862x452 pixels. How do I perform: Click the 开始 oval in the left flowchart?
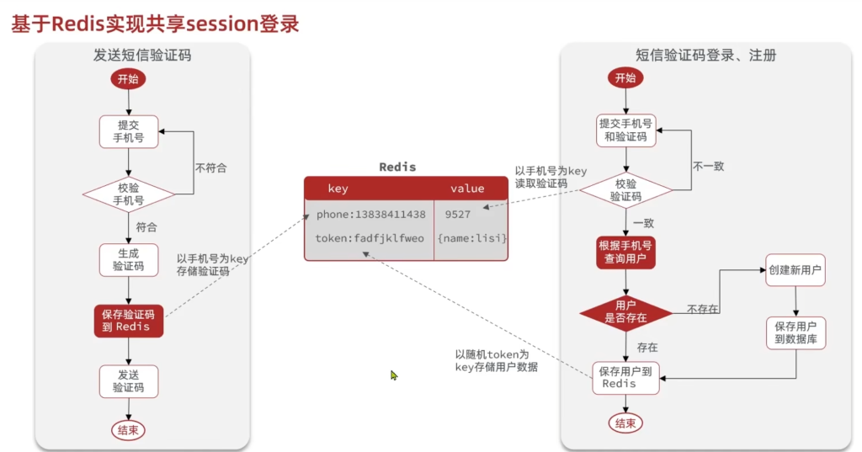point(128,79)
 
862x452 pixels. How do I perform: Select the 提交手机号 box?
point(128,131)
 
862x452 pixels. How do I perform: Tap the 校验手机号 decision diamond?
point(128,194)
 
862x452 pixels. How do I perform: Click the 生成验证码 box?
point(128,259)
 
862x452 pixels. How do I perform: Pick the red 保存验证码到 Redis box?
point(128,321)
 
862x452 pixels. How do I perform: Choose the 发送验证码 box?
point(128,381)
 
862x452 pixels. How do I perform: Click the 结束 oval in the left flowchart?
point(128,430)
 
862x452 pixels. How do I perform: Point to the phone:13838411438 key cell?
point(370,215)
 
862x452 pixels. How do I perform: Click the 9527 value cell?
point(458,215)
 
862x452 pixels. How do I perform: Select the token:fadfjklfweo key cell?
point(370,238)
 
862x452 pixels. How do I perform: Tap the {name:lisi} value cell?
point(471,238)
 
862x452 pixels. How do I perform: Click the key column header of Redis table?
point(338,189)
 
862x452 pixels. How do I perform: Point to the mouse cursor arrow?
point(393,375)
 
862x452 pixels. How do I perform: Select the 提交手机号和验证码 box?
point(625,130)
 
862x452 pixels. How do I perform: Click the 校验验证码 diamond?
point(625,190)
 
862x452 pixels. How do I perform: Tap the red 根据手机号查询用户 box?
point(625,252)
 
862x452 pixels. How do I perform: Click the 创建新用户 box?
point(795,271)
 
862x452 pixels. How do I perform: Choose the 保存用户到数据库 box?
point(795,333)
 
